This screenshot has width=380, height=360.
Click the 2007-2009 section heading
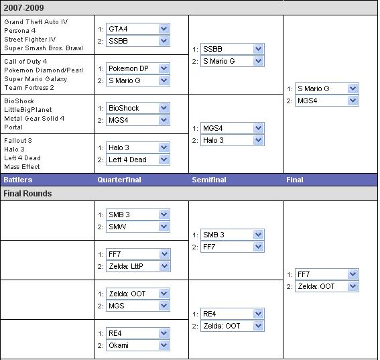[23, 8]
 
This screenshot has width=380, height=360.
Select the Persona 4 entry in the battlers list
[20, 31]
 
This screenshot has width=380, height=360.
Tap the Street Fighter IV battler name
[29, 40]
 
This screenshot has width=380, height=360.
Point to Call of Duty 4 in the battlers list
[25, 62]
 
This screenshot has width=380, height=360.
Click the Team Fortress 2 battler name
[29, 88]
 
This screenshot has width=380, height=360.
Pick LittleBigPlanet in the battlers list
[28, 110]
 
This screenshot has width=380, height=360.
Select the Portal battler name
[13, 127]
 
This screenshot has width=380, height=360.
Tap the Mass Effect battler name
[22, 167]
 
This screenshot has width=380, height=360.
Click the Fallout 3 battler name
[18, 141]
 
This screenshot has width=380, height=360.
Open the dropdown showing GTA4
[138, 29]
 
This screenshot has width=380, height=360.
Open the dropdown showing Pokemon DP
[138, 68]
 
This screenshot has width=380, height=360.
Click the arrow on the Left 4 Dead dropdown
[164, 160]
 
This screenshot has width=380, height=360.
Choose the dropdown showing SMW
[138, 227]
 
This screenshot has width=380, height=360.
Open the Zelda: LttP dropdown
[138, 266]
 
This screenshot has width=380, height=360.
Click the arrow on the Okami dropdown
[164, 345]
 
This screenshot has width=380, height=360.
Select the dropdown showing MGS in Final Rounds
[138, 306]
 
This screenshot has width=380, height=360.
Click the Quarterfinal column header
[119, 180]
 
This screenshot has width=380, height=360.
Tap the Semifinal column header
[209, 180]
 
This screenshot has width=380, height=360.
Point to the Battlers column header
[18, 180]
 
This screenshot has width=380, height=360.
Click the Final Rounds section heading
[27, 194]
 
